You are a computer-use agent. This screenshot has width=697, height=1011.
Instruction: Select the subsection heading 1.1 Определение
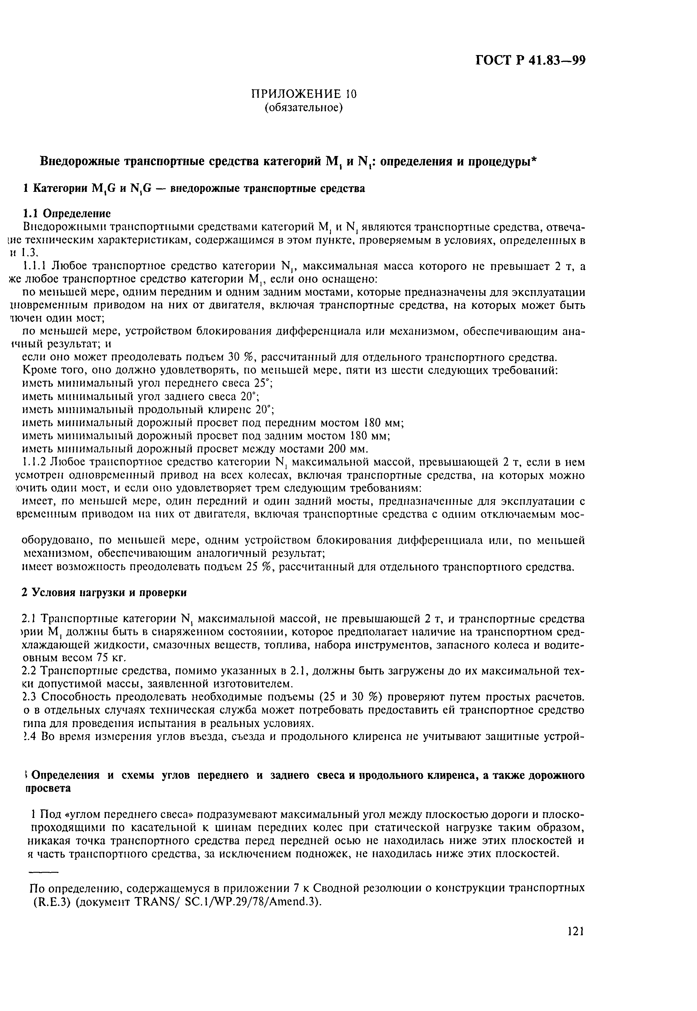point(66,213)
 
